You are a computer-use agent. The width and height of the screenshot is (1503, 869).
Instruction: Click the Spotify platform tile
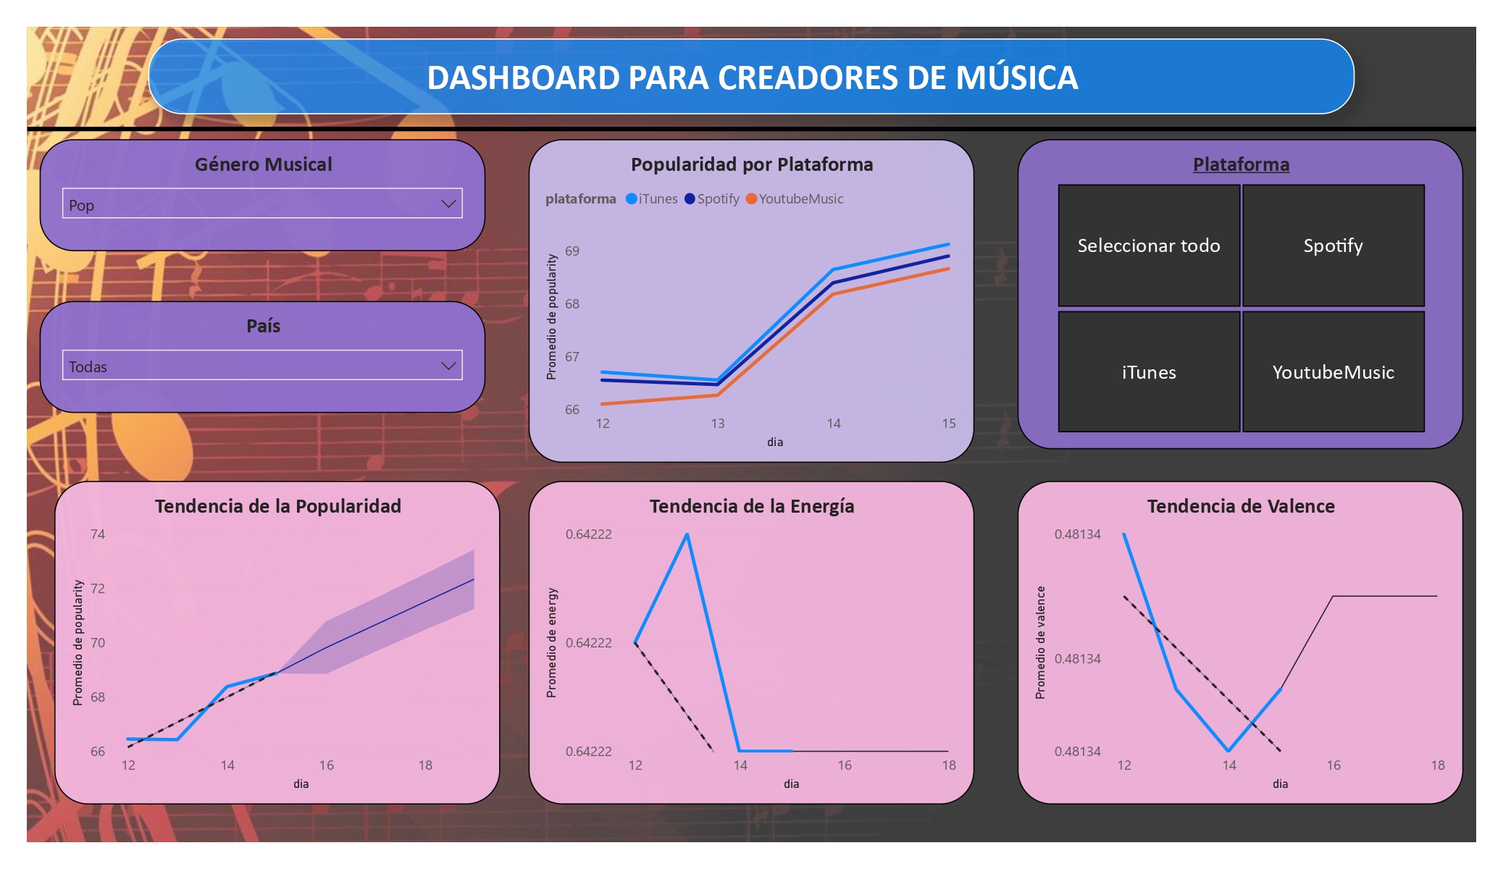pyautogui.click(x=1333, y=245)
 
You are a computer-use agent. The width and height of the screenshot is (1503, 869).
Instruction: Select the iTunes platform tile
pyautogui.click(x=1149, y=372)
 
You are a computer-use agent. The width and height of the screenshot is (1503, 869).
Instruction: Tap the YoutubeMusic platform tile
pyautogui.click(x=1333, y=372)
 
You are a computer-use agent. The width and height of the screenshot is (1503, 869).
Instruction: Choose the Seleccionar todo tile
pyautogui.click(x=1149, y=245)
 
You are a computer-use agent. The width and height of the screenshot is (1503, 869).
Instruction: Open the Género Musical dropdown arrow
pyautogui.click(x=448, y=204)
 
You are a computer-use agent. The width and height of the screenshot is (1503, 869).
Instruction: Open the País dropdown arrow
pyautogui.click(x=448, y=366)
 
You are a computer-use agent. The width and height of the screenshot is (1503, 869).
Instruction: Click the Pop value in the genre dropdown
pyautogui.click(x=82, y=206)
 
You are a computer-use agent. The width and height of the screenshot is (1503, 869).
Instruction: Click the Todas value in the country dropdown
pyautogui.click(x=88, y=367)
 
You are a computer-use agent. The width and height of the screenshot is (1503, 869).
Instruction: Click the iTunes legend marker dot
pyautogui.click(x=632, y=199)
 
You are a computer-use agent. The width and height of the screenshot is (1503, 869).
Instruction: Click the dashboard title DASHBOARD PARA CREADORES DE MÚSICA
pyautogui.click(x=752, y=77)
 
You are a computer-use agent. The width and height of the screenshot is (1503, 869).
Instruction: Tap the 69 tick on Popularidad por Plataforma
pyautogui.click(x=572, y=251)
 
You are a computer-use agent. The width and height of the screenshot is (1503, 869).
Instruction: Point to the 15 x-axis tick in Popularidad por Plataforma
pyautogui.click(x=949, y=424)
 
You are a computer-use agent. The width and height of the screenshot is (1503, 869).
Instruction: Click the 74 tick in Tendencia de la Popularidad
pyautogui.click(x=98, y=534)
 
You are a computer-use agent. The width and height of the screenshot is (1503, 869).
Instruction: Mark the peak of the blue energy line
pyautogui.click(x=687, y=534)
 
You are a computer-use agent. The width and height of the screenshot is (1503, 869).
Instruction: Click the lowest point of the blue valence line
pyautogui.click(x=1228, y=750)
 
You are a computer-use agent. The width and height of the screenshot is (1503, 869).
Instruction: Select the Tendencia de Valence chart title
pyautogui.click(x=1240, y=506)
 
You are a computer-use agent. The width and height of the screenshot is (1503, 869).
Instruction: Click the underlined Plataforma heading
pyautogui.click(x=1241, y=164)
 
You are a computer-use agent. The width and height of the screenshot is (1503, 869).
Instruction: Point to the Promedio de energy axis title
pyautogui.click(x=552, y=643)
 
